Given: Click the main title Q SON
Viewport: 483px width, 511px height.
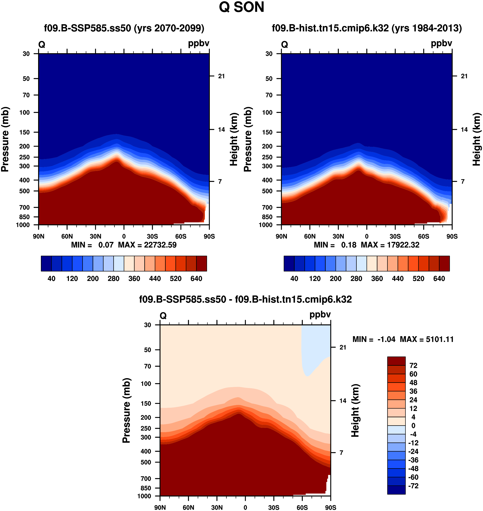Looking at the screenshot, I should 241,7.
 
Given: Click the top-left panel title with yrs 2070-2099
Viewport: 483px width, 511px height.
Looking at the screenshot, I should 124,28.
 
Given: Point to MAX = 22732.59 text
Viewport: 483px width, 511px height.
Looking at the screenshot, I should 147,245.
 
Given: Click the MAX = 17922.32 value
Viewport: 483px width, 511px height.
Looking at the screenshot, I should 390,245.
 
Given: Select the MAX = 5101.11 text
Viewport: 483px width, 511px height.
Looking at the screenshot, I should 427,339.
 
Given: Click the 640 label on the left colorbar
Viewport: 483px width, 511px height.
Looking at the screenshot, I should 196,279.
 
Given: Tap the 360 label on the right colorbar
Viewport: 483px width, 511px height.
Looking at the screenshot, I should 377,279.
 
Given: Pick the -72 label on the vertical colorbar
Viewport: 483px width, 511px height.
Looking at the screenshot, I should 413,486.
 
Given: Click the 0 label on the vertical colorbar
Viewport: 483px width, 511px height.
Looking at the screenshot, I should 413,426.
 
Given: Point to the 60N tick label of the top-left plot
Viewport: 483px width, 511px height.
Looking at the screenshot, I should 67,236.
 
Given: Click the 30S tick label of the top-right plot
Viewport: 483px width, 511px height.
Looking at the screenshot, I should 395,236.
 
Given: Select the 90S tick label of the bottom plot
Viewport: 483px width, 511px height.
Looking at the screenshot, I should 330,508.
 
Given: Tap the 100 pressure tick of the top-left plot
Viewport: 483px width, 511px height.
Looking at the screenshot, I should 24,112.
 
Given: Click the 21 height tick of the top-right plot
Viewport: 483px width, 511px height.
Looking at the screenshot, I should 464,76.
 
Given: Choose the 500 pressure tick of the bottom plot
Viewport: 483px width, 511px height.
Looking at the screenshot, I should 146,462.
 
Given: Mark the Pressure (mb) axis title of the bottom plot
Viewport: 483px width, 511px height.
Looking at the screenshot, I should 126,410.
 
